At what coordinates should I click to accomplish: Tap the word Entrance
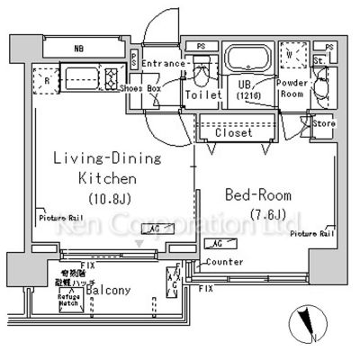[x=164, y=64]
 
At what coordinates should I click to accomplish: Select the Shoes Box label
[x=141, y=88]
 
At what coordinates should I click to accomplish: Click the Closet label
[x=232, y=132]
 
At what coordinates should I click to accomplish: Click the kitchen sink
[x=77, y=73]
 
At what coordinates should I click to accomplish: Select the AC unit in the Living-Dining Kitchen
[x=155, y=229]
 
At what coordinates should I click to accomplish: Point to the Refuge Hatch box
[x=69, y=301]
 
